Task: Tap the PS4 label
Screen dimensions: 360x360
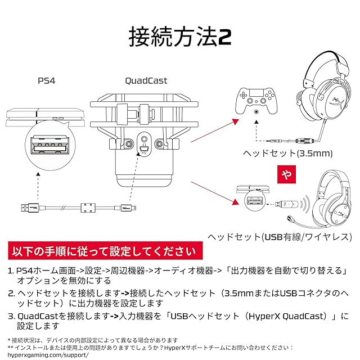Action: tap(47, 81)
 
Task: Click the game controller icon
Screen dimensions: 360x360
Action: tap(256, 99)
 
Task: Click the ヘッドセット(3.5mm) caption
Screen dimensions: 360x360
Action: tap(287, 153)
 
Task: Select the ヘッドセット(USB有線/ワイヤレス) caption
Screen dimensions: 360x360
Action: tap(279, 237)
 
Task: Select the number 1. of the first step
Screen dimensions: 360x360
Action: tap(11, 271)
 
